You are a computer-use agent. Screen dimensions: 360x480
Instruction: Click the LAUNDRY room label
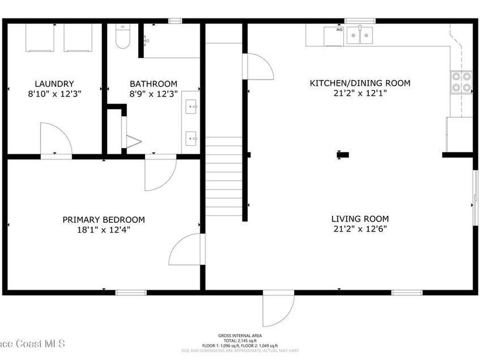[x=54, y=83]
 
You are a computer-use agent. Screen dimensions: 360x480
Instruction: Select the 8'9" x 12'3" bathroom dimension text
[x=153, y=93]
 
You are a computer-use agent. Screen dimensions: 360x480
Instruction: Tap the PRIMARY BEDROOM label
[x=104, y=219]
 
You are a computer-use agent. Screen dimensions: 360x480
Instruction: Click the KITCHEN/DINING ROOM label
[x=360, y=83]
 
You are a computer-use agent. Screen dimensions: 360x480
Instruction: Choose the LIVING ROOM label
[x=360, y=218]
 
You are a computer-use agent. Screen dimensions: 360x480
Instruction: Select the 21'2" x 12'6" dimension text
[x=360, y=229]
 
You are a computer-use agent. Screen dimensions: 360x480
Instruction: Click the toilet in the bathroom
[x=122, y=37]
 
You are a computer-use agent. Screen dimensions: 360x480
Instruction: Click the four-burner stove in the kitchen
[x=461, y=82]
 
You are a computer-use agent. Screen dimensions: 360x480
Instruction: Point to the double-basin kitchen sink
[x=360, y=35]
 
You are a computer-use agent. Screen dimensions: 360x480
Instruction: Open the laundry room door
[x=55, y=139]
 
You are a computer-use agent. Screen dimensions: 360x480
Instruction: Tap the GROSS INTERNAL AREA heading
[x=240, y=336]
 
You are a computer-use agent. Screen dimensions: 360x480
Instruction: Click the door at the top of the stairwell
[x=258, y=67]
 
